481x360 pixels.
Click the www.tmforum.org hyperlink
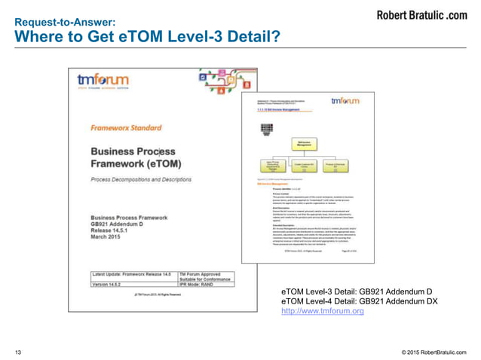click(322, 311)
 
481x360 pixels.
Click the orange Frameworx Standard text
click(121, 129)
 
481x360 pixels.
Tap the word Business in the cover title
click(115, 152)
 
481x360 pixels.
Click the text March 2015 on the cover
click(111, 240)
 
